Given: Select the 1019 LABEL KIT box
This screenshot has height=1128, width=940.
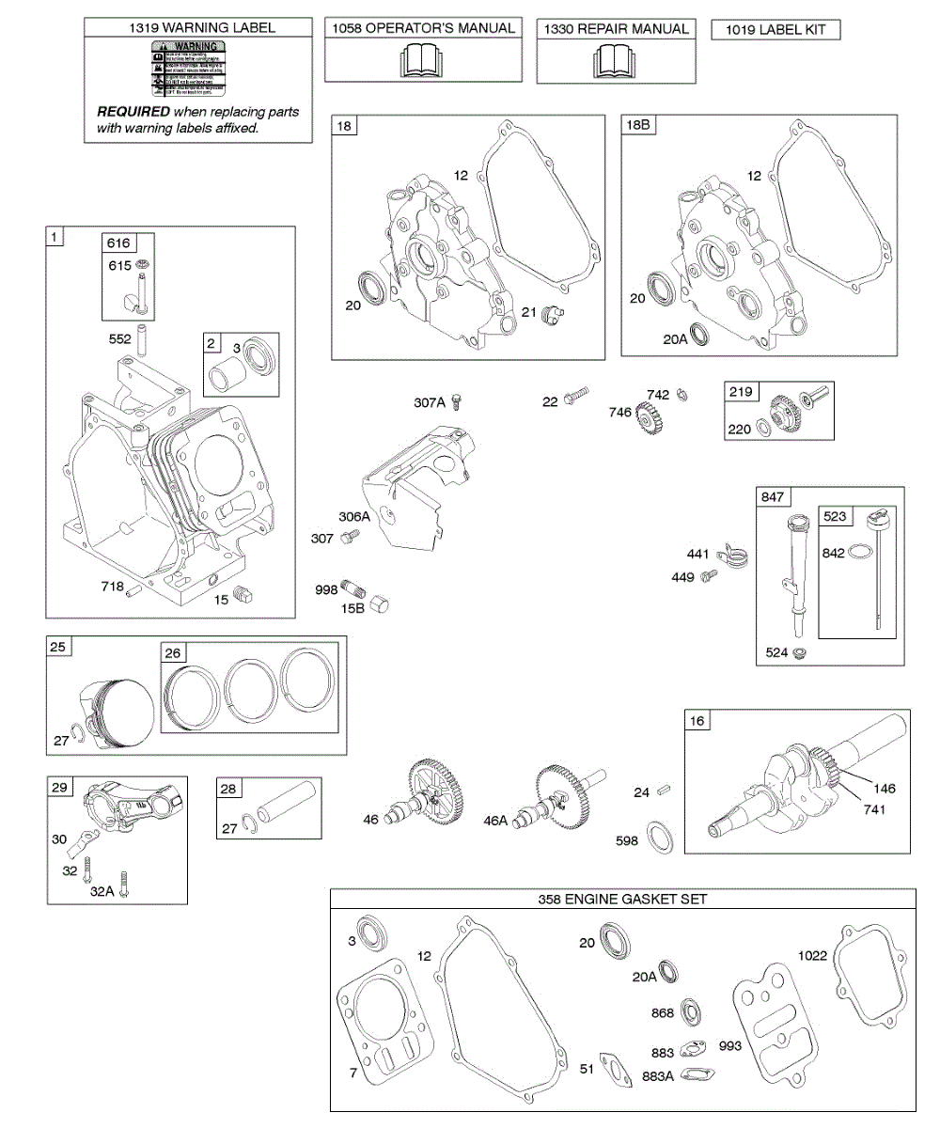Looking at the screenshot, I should point(775,29).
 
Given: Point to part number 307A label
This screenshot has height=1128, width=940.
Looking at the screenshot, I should point(429,402).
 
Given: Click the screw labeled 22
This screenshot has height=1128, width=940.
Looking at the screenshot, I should point(575,400).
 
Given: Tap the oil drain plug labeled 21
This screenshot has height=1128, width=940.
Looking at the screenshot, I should point(555,312).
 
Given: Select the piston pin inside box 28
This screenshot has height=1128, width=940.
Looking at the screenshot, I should point(284,807).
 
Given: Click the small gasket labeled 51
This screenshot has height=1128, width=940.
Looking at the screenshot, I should point(618,1069).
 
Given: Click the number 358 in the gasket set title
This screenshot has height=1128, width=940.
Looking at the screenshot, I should point(549,900).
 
